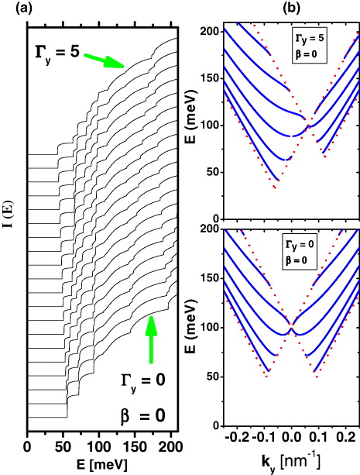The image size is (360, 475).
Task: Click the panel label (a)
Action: [12, 9]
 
